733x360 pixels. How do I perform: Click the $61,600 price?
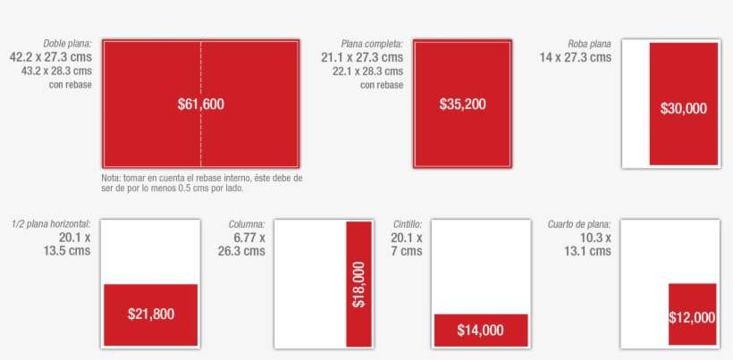201,105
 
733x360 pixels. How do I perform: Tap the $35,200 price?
462,105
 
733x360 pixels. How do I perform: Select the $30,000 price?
684,109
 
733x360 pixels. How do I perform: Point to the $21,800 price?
151,314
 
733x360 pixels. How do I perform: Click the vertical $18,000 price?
358,284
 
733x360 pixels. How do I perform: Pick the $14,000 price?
480,331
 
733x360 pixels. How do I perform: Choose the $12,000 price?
692,317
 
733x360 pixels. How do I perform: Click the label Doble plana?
67,44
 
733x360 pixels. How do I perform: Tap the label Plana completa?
372,44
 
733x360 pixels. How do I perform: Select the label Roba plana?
589,44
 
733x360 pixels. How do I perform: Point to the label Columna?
247,224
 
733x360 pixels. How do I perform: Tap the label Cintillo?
408,224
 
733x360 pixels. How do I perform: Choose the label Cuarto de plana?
579,224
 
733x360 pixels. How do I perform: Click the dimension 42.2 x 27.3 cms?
50,57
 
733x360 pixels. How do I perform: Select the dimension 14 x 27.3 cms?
575,57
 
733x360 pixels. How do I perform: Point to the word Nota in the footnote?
111,179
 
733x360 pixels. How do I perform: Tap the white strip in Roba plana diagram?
636,104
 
